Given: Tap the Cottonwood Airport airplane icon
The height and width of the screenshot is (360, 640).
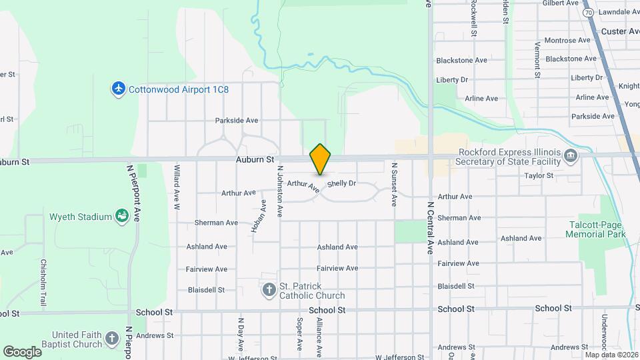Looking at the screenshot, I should [119, 89].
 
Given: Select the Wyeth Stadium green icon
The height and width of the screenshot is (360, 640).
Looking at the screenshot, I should [122, 217].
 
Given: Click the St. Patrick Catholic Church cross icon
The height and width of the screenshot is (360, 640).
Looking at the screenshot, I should [269, 290].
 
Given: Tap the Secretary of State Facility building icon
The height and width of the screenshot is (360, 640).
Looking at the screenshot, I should [571, 156].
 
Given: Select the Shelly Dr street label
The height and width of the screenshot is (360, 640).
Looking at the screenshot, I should [341, 183].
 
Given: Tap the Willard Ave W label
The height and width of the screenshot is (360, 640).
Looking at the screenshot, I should [177, 187].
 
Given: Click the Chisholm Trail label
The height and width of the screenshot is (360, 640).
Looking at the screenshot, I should [43, 283].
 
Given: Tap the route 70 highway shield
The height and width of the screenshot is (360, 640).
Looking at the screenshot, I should [587, 13].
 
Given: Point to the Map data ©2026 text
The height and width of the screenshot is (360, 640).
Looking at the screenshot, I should [610, 354].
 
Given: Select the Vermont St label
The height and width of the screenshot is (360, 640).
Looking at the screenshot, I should [537, 59].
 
